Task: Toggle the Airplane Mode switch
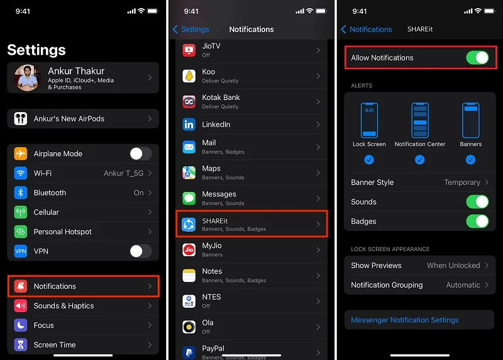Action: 141,154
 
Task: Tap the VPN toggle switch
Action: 141,251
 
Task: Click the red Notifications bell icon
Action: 21,286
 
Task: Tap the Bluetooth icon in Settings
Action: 21,193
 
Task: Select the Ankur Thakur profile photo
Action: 27,77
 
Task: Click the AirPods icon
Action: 21,118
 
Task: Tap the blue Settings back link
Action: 191,29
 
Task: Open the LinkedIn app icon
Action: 189,124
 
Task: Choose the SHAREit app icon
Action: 189,224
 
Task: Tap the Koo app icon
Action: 189,76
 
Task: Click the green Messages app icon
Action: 189,198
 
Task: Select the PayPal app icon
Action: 189,352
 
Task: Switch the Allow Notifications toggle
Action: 477,58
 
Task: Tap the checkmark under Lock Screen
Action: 369,160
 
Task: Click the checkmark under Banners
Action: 470,160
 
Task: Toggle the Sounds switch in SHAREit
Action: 477,201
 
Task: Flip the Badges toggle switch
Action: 477,222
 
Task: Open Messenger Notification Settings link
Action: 405,320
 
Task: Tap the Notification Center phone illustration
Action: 420,120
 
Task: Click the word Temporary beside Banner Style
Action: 462,183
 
